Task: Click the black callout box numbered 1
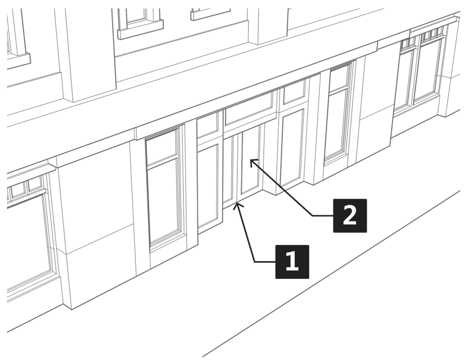point(292,262)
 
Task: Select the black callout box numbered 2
point(349,215)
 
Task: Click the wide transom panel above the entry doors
point(249,108)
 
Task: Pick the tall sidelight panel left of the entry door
point(208,185)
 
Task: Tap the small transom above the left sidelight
point(207,125)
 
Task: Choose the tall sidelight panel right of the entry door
point(292,146)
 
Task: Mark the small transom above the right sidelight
point(294,91)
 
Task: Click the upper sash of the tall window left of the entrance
point(162,145)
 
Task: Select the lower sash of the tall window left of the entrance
point(165,200)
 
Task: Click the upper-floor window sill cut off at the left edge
point(19,61)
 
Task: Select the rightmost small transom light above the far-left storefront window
point(35,184)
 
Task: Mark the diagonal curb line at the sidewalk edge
point(331,273)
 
